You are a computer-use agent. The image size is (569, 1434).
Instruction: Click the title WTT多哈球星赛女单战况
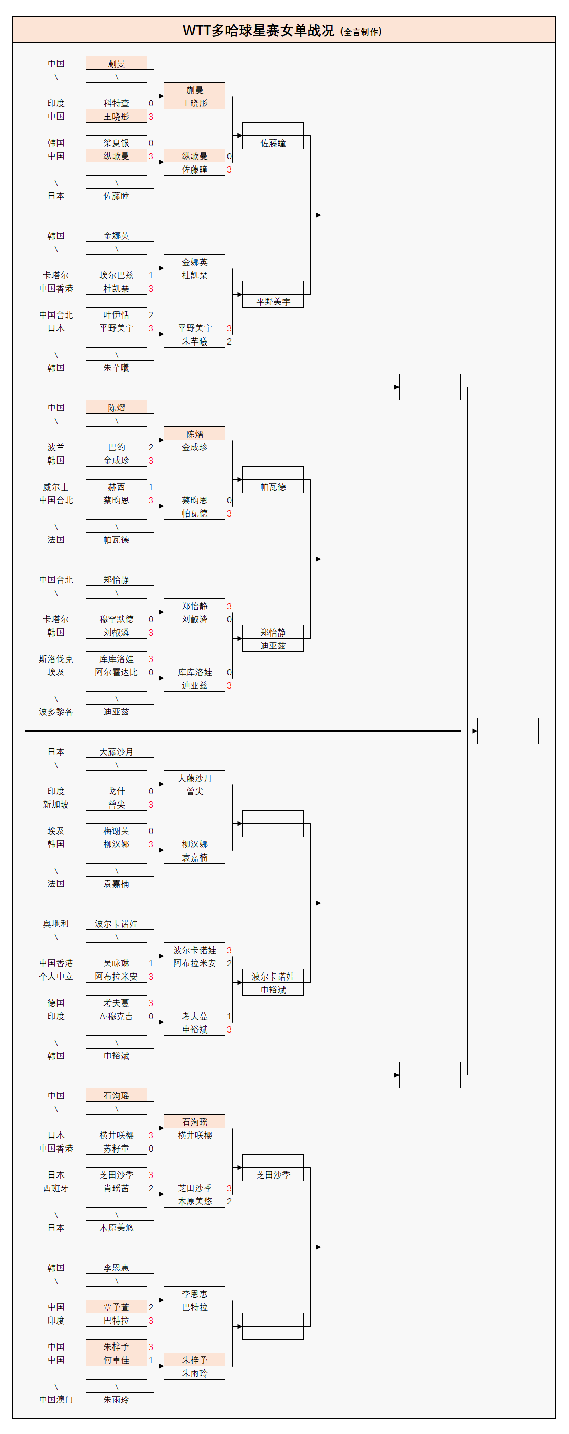pos(259,31)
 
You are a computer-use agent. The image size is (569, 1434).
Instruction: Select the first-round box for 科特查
pos(116,103)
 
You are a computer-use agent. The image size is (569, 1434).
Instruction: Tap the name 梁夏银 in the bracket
pos(116,143)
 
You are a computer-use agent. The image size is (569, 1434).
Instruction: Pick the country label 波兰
pos(55,447)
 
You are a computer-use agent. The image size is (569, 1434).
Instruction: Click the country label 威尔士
pos(55,487)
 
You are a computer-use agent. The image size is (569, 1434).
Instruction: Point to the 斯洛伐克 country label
pos(55,659)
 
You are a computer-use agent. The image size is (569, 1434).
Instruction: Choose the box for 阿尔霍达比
pos(116,672)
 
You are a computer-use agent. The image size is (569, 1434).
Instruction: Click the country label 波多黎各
pos(55,712)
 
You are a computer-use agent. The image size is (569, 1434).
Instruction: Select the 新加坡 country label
pos(55,805)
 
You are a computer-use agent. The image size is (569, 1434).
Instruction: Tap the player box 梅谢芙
pos(116,831)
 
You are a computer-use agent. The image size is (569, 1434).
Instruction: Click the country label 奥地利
pos(55,924)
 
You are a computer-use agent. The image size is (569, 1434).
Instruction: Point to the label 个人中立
pos(55,977)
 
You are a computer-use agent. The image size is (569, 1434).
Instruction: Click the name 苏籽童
pos(116,1149)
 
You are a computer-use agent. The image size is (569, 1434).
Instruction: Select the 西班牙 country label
pos(55,1188)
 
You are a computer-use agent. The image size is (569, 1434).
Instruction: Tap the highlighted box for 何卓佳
pos(116,1360)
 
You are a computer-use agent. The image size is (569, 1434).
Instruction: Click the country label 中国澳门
pos(55,1399)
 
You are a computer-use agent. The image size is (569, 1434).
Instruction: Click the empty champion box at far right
pos(508,731)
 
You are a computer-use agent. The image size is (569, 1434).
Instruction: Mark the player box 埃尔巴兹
pos(116,275)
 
